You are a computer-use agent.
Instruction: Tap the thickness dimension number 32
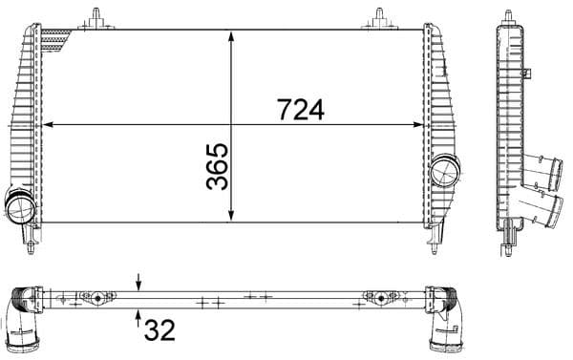tap(159, 330)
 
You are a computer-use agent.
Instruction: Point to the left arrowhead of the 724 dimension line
tap(50, 124)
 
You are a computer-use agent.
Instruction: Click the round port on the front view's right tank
tap(444, 173)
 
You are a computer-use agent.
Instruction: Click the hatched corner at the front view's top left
tap(62, 37)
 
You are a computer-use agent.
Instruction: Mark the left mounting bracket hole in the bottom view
tap(96, 297)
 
